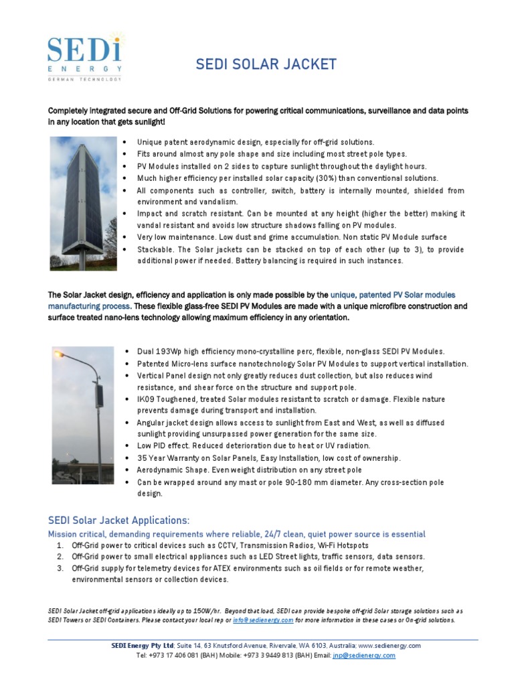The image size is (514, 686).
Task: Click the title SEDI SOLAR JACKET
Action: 266,64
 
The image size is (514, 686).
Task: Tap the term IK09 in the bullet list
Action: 147,399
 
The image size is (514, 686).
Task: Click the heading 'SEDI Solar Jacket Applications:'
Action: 118,521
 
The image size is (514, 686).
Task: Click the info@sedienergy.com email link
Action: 263,620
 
